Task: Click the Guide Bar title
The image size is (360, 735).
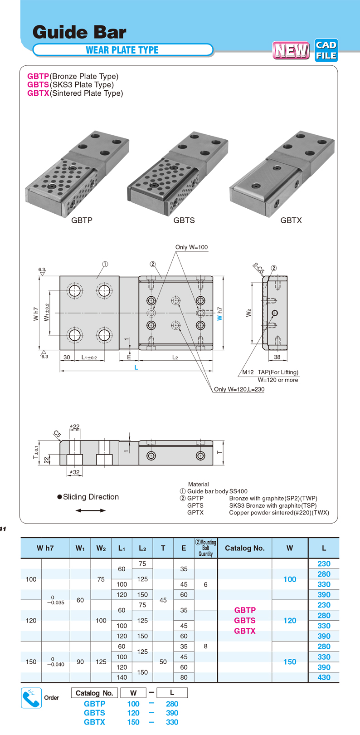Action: pos(79,32)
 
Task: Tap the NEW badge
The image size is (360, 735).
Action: pos(291,50)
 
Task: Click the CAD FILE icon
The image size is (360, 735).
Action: pos(326,50)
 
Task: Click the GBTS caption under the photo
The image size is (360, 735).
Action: pos(184,220)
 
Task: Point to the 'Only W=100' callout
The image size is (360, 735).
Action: pos(191,247)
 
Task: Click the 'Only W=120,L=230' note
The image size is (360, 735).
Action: pos(239,389)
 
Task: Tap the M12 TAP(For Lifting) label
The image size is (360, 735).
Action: pos(270,372)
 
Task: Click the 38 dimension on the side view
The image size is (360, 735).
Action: pos(277,357)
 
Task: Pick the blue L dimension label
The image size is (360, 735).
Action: pos(136,367)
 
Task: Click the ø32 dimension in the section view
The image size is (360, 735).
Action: pos(75,472)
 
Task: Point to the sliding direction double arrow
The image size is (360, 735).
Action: pos(91,510)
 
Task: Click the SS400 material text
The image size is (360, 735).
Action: pos(238,491)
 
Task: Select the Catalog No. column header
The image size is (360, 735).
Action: pos(245,548)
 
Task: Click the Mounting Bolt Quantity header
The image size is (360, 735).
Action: pos(206,548)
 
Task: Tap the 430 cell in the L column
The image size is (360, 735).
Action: pos(324,677)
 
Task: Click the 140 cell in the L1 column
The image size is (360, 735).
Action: pos(122,677)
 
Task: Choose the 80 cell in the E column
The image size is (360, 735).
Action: pos(184,677)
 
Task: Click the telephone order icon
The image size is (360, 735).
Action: pos(31,698)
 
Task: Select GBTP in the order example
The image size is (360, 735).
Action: pos(94,704)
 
